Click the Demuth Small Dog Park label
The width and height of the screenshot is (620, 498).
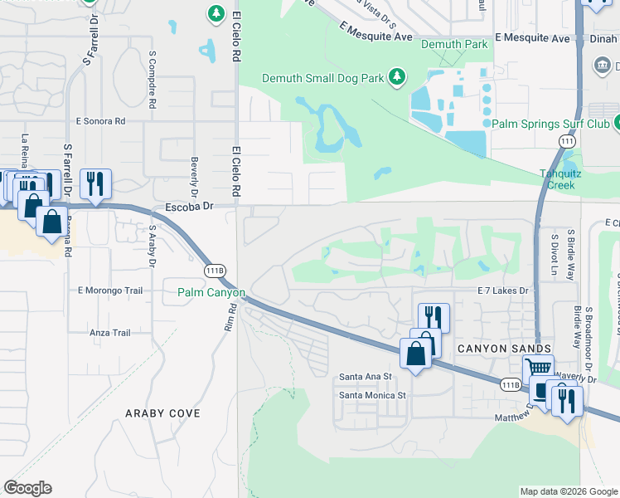coord(322,78)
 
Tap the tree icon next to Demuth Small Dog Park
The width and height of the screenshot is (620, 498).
coord(397,77)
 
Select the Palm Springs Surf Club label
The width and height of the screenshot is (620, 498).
coord(551,124)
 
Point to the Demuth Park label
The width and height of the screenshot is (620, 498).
coord(453,43)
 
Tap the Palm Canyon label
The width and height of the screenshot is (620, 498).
coord(211,293)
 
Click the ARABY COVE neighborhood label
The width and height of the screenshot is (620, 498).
coord(162,413)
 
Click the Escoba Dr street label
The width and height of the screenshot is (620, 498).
coord(190,206)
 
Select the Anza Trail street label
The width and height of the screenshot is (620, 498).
coord(109,333)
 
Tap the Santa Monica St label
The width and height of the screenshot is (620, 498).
coord(371,395)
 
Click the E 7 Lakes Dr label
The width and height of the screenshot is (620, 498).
coord(503,290)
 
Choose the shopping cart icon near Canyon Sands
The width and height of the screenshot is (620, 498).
coord(538,369)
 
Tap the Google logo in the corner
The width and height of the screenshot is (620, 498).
coord(27,488)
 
